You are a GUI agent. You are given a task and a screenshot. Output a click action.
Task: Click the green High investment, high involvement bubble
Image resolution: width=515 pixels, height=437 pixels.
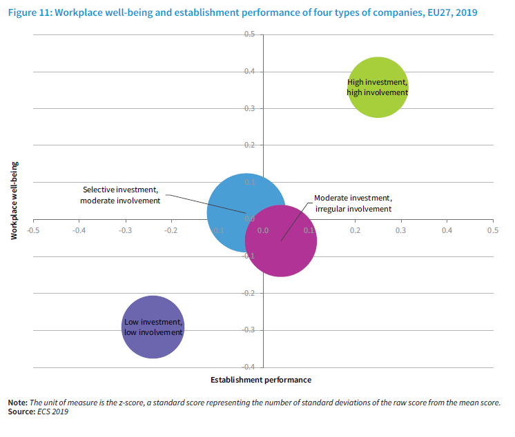tap(378, 88)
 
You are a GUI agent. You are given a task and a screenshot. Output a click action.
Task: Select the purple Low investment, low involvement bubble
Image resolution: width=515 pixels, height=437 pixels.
tap(153, 327)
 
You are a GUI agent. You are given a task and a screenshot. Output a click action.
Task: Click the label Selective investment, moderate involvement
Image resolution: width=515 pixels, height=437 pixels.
tap(121, 195)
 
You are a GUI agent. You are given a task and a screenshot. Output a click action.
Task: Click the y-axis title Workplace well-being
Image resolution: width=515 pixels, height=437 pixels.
tap(14, 201)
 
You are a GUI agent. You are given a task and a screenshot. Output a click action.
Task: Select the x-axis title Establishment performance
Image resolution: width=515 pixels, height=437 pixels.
tap(260, 380)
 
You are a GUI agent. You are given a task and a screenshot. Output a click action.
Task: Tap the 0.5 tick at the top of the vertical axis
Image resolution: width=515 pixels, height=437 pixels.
tap(250, 34)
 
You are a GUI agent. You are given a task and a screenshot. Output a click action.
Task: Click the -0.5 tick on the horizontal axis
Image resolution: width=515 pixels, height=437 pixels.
tap(32, 230)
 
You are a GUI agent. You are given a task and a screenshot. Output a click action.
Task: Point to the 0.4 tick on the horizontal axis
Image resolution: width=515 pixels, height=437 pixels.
tap(447, 230)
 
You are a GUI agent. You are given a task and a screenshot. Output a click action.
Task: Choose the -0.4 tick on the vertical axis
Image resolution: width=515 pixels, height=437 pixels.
tap(249, 367)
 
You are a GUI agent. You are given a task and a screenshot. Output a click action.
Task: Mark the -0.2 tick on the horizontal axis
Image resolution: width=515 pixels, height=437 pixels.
tap(171, 230)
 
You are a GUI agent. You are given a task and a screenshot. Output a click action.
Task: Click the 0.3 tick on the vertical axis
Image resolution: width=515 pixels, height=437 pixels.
tap(250, 108)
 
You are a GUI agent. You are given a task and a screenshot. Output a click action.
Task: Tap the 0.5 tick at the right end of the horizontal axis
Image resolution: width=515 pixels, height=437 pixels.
tap(492, 230)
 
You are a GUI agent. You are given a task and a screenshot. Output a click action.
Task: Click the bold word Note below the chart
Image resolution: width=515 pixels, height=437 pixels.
tap(17, 403)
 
